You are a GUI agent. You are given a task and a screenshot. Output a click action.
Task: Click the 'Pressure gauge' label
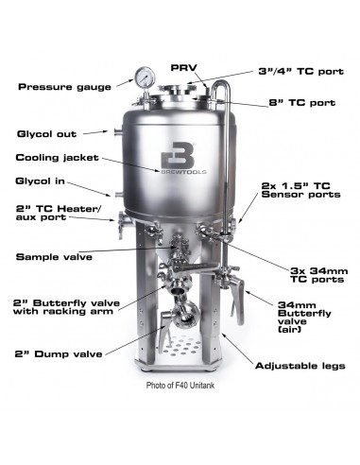pos(60,87)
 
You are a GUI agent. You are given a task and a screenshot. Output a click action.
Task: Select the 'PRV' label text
pos(183,68)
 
